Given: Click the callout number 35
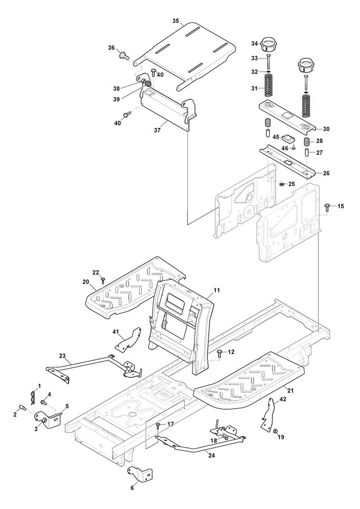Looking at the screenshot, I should coord(176,21).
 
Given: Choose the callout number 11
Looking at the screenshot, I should coord(216,290).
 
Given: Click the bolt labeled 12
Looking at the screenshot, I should coord(220,352).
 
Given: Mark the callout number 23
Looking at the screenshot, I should coord(62,356).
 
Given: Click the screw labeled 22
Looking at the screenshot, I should coord(103,279).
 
